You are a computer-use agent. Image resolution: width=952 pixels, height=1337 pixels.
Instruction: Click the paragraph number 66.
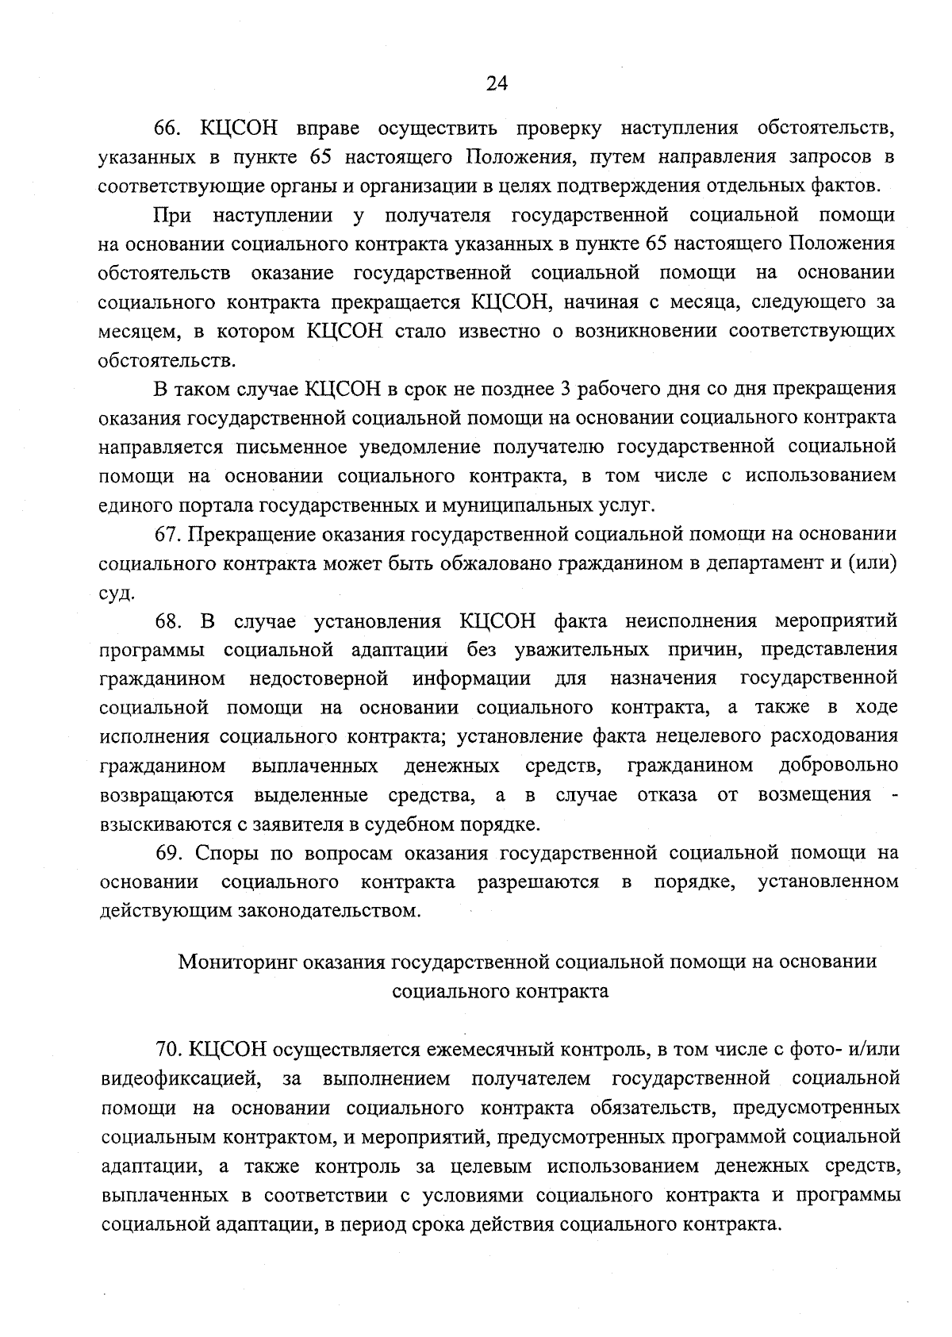tap(167, 128)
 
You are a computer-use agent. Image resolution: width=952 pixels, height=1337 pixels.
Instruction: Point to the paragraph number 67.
tap(169, 535)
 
